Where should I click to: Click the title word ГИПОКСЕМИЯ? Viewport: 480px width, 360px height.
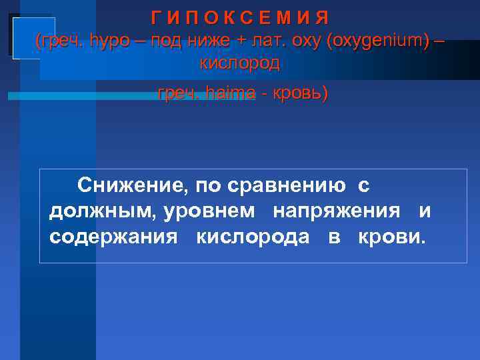coord(239,17)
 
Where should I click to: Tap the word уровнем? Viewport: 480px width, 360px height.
coord(209,211)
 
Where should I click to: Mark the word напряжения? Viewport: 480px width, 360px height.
coord(337,211)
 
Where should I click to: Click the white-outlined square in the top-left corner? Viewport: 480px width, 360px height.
coord(24,34)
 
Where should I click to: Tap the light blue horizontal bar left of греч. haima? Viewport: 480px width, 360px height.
coord(80,96)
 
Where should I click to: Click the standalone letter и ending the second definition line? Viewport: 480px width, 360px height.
coord(425,211)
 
